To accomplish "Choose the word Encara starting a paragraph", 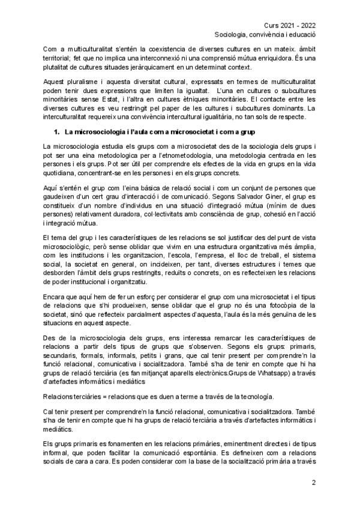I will (56, 296).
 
